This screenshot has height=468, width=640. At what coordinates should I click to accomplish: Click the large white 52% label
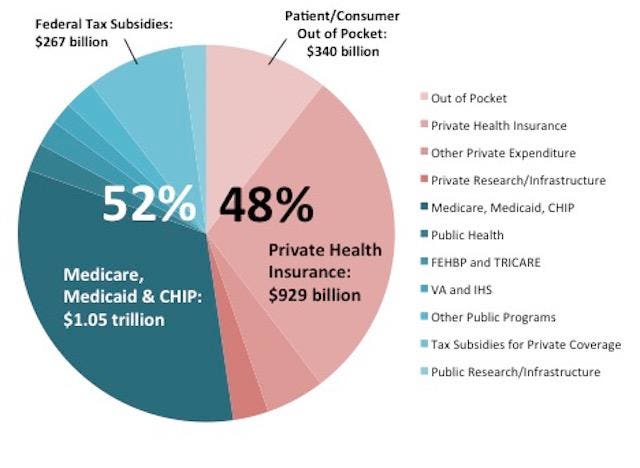point(150,205)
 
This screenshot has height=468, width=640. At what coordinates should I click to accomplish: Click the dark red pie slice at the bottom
point(248,400)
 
